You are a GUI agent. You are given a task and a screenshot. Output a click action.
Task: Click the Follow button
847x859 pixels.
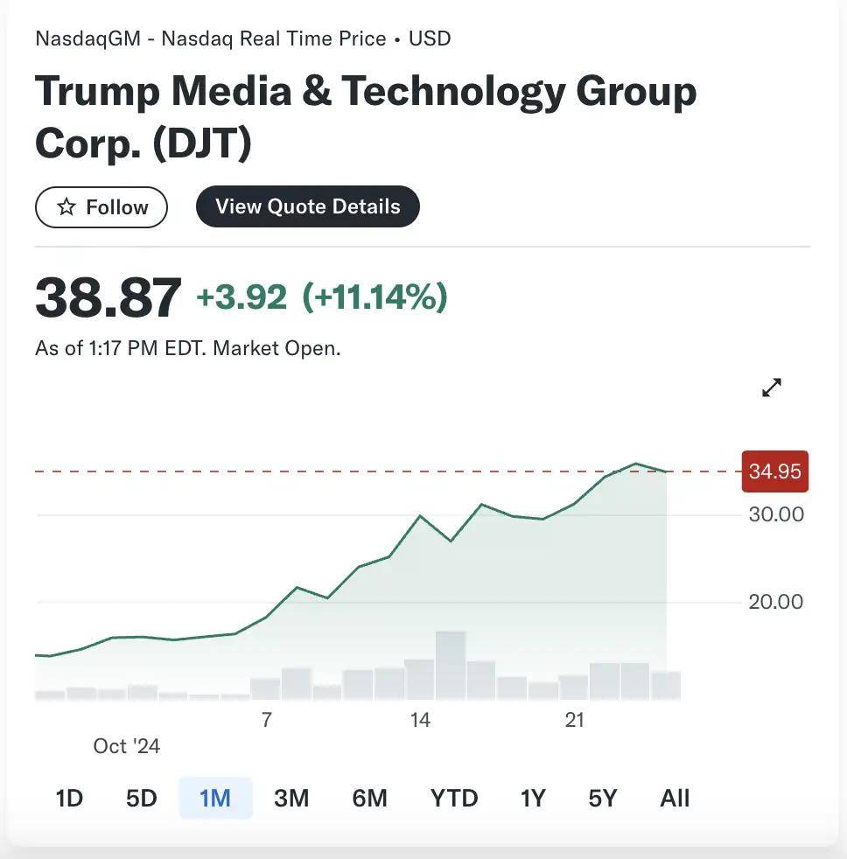pyautogui.click(x=101, y=207)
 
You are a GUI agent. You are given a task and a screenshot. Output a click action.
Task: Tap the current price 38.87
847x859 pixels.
pyautogui.click(x=108, y=297)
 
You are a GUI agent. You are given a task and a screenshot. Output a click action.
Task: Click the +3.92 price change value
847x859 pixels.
pyautogui.click(x=241, y=297)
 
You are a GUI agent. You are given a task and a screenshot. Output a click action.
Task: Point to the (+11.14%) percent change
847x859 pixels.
pyautogui.click(x=374, y=297)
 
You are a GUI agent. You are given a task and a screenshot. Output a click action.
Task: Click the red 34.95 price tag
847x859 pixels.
pyautogui.click(x=774, y=471)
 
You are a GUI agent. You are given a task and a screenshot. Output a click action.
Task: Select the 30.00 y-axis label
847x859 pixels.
pyautogui.click(x=776, y=514)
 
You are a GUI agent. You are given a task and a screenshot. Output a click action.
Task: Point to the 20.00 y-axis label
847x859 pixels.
pyautogui.click(x=776, y=602)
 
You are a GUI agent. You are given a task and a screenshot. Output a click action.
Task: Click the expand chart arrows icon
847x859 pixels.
pyautogui.click(x=772, y=388)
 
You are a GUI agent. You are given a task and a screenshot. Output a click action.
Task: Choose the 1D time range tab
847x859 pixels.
pyautogui.click(x=69, y=798)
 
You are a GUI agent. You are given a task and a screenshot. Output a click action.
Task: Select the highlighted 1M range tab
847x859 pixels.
pyautogui.click(x=215, y=798)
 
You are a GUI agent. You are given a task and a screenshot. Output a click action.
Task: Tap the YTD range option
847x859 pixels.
pyautogui.click(x=454, y=798)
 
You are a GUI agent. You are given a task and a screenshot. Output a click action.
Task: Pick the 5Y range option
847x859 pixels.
pyautogui.click(x=603, y=798)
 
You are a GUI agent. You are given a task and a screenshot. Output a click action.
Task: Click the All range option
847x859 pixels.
pyautogui.click(x=675, y=798)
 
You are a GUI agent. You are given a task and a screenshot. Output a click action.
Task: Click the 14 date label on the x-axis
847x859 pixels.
pyautogui.click(x=420, y=720)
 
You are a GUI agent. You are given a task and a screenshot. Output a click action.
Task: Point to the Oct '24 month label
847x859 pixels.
pyautogui.click(x=127, y=746)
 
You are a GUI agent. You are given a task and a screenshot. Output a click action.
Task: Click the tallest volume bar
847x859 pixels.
pyautogui.click(x=451, y=665)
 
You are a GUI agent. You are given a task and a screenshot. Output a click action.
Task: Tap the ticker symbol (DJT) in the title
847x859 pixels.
pyautogui.click(x=202, y=143)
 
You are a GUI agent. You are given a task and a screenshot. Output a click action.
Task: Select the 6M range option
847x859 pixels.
pyautogui.click(x=370, y=798)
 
